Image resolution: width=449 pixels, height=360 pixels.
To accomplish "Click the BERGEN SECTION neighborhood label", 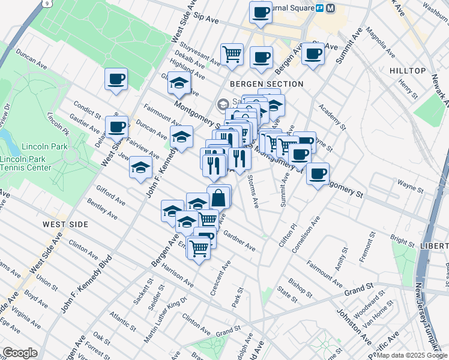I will tap(266, 84).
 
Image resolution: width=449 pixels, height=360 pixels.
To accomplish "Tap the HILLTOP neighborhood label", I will tap(407, 71).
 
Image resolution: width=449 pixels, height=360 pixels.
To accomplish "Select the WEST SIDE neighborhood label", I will tap(65, 224).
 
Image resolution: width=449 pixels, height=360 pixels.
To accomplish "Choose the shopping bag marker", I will tap(219, 196).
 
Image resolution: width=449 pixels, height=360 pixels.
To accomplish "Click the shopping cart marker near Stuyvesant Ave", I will tap(232, 54).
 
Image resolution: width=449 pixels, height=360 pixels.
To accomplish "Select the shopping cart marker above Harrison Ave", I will tap(198, 247).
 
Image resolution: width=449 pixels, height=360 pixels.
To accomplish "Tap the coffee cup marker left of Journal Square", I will tap(261, 12).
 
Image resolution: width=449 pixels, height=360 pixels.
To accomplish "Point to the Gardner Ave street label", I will tap(240, 242).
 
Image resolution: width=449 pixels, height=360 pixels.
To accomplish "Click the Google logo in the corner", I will tap(20, 353).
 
